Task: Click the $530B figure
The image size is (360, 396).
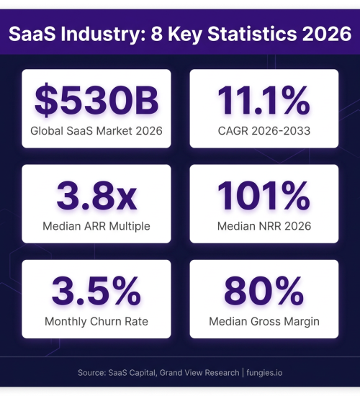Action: (x=96, y=100)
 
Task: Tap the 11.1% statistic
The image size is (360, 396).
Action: (x=264, y=100)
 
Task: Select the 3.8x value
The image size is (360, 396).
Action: (x=96, y=195)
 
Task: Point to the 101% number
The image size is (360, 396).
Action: (x=264, y=195)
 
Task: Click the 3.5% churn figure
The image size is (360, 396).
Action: (x=96, y=291)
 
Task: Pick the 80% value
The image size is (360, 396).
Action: (x=264, y=291)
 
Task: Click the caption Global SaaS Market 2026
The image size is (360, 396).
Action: (x=96, y=131)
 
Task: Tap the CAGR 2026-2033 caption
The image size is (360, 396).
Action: (x=264, y=131)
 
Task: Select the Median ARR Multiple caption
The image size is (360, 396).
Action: (x=96, y=226)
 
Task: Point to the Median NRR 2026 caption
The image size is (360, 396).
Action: (x=264, y=226)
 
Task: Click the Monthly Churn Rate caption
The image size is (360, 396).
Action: (x=96, y=322)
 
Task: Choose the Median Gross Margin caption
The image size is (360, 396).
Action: (x=264, y=322)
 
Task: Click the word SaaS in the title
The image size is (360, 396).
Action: (x=32, y=34)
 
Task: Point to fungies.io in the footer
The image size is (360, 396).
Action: (x=264, y=373)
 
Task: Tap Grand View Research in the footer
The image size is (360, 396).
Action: (x=199, y=373)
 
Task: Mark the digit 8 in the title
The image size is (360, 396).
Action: (x=156, y=34)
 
